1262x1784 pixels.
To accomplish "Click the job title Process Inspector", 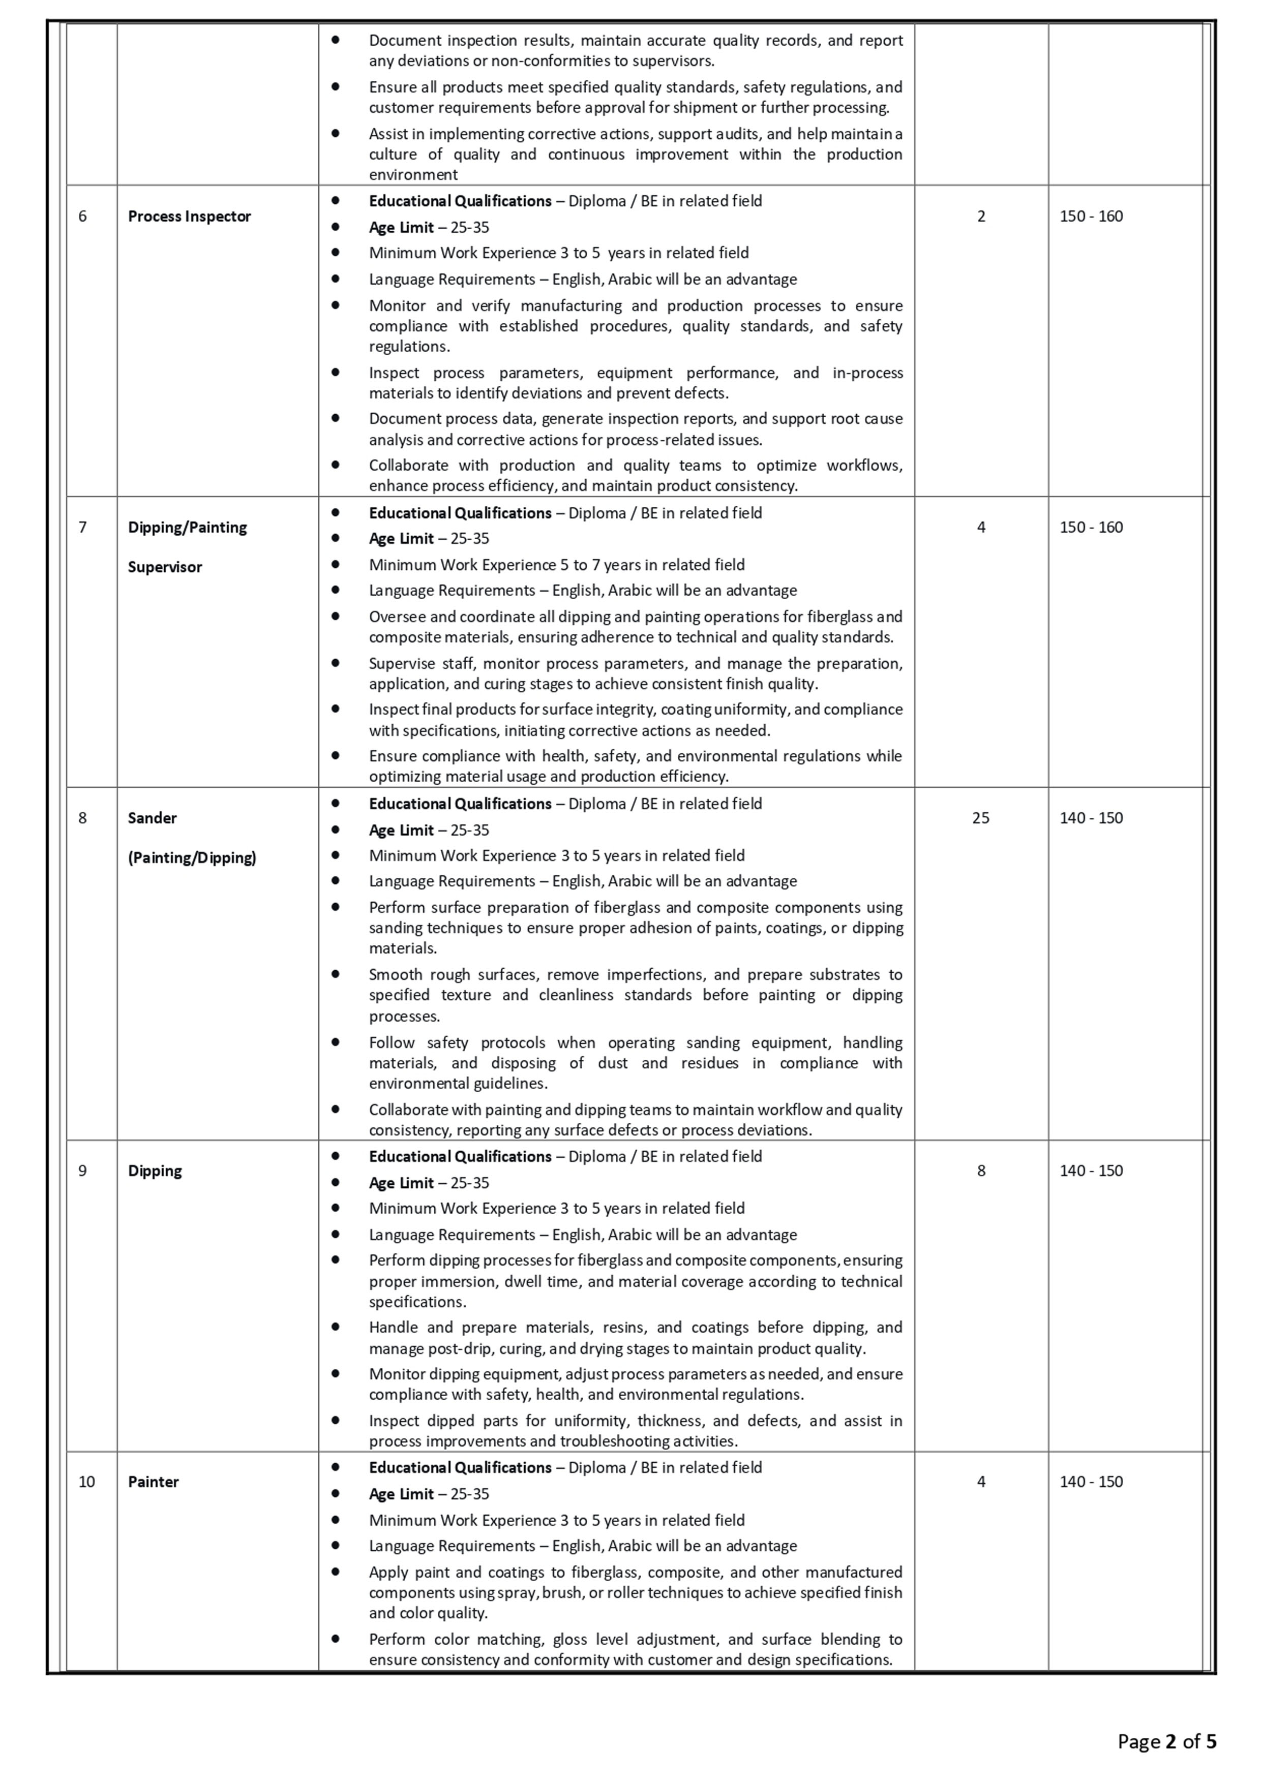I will point(189,217).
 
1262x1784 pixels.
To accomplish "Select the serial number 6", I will point(82,217).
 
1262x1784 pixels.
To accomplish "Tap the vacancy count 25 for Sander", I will point(981,818).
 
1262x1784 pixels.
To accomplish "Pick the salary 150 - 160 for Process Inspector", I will point(1091,217).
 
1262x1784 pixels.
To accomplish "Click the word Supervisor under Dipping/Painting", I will point(165,567).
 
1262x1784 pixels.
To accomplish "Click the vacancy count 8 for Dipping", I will point(981,1171).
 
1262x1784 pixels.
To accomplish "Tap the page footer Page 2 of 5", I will point(1166,1742).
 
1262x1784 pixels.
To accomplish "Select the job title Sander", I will point(153,818).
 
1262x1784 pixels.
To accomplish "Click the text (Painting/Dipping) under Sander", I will point(192,858).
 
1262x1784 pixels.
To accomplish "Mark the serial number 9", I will point(82,1171).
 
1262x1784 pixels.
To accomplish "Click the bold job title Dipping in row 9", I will point(155,1171).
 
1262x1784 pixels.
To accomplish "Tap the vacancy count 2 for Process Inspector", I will point(981,217).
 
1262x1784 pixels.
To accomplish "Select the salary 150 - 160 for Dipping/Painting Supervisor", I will point(1091,528).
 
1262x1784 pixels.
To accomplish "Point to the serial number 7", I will point(82,528).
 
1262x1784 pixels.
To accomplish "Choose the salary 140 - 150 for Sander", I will point(1091,818).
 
